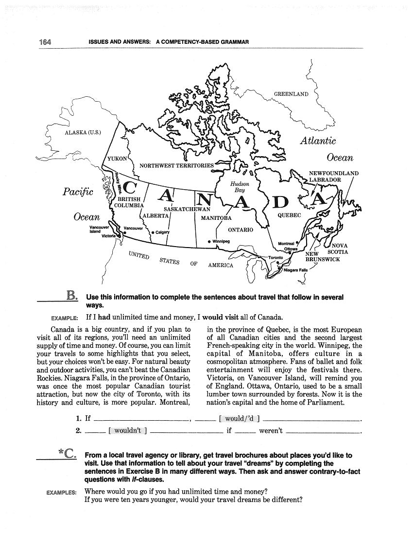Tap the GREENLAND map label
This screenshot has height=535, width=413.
coord(291,94)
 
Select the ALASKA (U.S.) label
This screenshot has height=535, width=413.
coord(83,133)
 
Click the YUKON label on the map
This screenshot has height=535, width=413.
coord(117,159)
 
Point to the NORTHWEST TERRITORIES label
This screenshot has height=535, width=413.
coord(176,166)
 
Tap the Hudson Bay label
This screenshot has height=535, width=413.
coord(240,187)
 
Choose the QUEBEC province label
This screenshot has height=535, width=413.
coord(290,215)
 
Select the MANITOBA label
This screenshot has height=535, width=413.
coord(216,218)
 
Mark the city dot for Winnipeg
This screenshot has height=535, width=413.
coord(209,242)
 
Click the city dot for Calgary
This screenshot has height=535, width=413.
coord(153,232)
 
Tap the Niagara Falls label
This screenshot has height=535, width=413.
coord(296,270)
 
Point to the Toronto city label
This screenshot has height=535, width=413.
coord(275,258)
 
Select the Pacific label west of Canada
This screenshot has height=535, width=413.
coord(78,192)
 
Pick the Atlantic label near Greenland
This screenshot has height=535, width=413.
coord(318,141)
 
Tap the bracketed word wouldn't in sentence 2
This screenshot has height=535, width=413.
coord(128,430)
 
